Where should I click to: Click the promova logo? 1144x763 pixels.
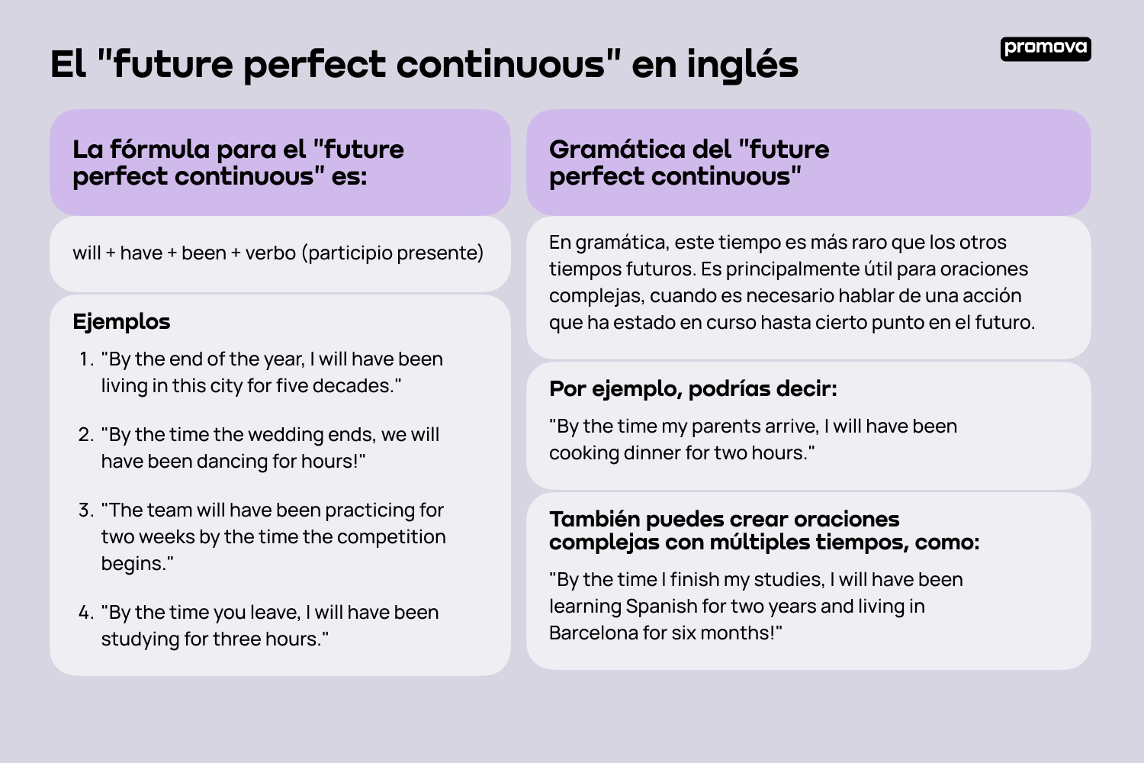click(1046, 48)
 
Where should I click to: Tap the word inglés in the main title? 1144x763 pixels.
click(742, 64)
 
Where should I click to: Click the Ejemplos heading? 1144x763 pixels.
click(121, 322)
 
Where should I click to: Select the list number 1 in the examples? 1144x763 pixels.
click(85, 359)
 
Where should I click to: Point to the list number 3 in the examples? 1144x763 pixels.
click(85, 510)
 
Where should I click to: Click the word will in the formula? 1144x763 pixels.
click(87, 253)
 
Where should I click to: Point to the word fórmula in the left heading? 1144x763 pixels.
click(159, 150)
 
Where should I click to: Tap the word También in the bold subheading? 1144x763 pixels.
click(594, 520)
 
